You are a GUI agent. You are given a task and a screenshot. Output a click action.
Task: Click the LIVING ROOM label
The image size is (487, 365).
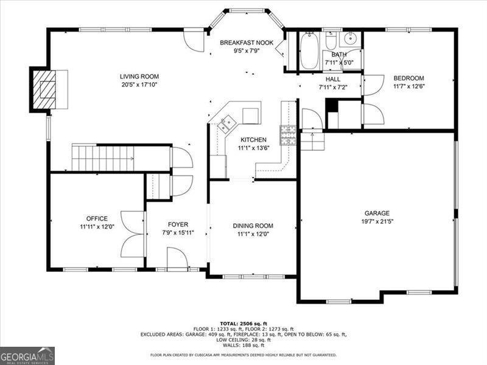pos(139,77)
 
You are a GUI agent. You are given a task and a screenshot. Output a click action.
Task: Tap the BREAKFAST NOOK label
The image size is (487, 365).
pos(247,43)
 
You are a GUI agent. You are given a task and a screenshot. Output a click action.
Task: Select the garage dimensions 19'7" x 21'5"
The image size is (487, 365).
pos(377,221)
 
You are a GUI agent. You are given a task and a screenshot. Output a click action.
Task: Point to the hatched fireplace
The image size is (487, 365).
pos(44,89)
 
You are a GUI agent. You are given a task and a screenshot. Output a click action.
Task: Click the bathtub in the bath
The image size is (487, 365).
pos(310,51)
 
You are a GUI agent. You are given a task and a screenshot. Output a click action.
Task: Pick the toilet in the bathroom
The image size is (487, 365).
pos(331,41)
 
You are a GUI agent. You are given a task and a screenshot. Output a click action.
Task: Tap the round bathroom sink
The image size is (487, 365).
pos(351,39)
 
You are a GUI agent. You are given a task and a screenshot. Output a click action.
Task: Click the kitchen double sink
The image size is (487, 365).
pos(226,124)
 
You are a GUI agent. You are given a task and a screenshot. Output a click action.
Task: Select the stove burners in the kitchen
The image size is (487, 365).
pos(288,135)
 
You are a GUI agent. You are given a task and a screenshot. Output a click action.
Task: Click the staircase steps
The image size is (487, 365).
pos(103,158)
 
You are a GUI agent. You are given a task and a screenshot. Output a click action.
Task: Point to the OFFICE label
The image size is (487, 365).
pos(97,218)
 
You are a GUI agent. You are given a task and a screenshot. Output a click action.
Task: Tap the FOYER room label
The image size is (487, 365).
pos(178,224)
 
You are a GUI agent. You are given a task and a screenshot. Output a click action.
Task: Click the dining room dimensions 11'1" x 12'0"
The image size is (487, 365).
pos(253,234)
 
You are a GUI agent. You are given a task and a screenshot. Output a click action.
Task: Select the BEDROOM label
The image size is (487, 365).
pos(408,78)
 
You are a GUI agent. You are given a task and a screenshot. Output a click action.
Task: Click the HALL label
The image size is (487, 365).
pos(333,79)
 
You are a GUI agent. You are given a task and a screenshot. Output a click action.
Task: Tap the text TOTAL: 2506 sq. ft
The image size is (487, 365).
pos(243,324)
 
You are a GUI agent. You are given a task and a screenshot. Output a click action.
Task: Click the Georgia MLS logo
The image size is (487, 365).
pos(27,356)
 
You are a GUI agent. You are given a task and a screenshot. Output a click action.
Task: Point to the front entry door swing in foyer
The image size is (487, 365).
pos(177,257)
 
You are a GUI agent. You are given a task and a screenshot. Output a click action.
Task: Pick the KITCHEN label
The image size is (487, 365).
pos(253,140)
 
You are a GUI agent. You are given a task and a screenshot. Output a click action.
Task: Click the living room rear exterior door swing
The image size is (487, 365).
pos(193,40)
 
